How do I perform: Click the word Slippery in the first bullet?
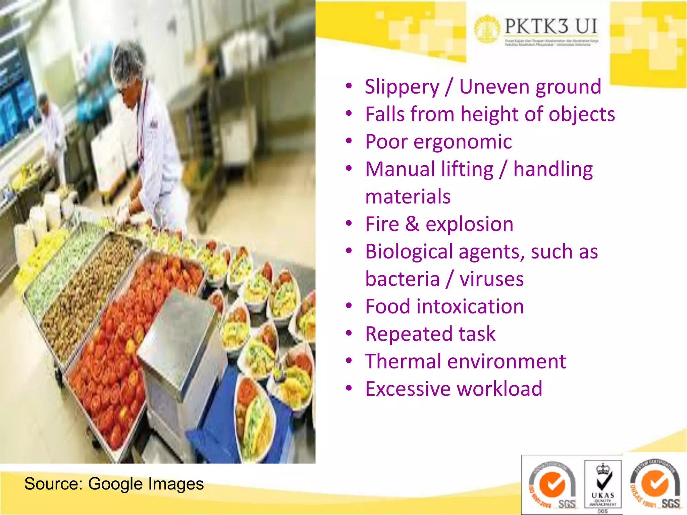pyautogui.click(x=402, y=87)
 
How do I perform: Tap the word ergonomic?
pyautogui.click(x=463, y=142)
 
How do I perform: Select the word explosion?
pyautogui.click(x=469, y=224)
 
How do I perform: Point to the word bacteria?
pyautogui.click(x=402, y=279)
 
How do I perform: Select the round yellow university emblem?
pyautogui.click(x=487, y=29)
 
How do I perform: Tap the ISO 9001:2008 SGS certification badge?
pyautogui.click(x=552, y=485)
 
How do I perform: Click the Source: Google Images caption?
pyautogui.click(x=114, y=484)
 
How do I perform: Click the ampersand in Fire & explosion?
pyautogui.click(x=412, y=224)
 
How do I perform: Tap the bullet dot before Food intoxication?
pyautogui.click(x=349, y=306)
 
